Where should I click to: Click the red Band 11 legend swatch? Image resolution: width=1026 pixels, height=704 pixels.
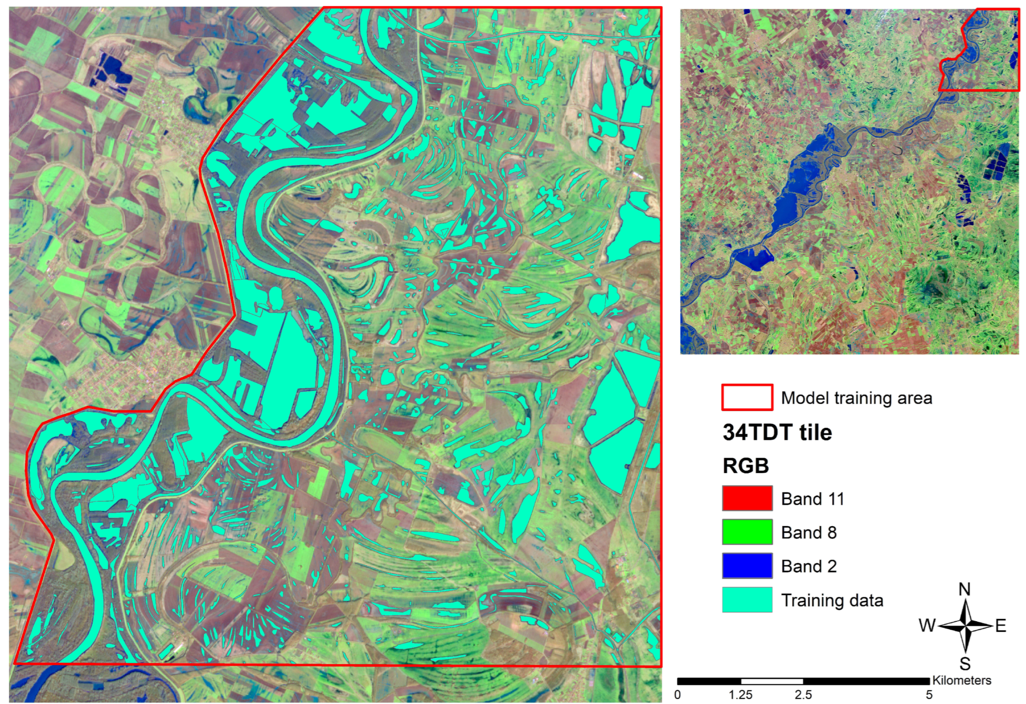[x=747, y=498]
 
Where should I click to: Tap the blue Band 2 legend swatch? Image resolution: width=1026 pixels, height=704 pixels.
[x=747, y=566]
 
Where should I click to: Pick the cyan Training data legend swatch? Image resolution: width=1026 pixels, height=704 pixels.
[x=747, y=599]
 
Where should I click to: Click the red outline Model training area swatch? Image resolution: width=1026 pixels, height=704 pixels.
[x=747, y=397]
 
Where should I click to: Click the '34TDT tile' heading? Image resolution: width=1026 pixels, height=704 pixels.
[x=777, y=432]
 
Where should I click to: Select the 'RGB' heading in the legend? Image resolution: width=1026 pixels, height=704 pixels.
[x=746, y=466]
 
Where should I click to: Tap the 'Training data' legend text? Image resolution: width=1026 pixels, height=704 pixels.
[x=832, y=600]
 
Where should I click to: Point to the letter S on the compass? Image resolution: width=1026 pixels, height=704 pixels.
[x=965, y=663]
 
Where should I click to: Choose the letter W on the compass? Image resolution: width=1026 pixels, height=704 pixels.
[x=927, y=626]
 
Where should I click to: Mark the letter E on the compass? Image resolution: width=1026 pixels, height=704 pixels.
[x=1000, y=626]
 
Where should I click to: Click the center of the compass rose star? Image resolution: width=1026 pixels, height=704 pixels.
[x=965, y=626]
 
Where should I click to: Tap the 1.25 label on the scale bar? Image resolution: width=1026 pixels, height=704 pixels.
[x=740, y=695]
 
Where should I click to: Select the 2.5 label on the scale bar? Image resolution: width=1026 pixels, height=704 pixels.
[x=803, y=695]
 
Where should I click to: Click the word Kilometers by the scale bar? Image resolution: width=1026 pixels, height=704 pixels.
[x=961, y=681]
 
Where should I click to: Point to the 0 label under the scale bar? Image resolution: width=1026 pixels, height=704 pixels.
[x=678, y=695]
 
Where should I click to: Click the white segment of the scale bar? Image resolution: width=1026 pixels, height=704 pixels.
[x=772, y=681]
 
